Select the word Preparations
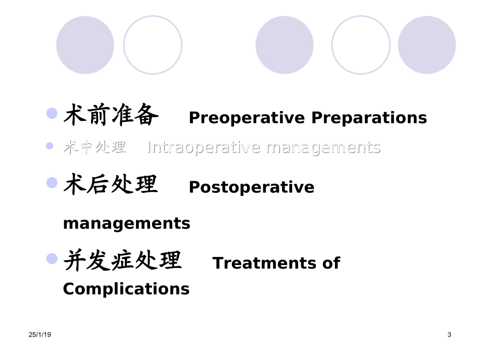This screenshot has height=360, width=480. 369,118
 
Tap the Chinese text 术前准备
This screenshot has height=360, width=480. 111,116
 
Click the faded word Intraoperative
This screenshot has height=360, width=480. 204,147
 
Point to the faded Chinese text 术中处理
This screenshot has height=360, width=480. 95,147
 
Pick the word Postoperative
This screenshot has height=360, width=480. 252,187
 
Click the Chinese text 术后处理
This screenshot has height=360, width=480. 111,185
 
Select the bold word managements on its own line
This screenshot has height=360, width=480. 126,223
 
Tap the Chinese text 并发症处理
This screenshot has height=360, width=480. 122,261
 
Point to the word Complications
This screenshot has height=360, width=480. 126,289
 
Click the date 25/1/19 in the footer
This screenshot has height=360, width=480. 40,335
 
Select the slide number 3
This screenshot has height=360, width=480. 449,335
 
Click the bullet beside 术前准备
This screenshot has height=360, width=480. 52,113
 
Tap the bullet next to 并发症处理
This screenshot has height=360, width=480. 52,259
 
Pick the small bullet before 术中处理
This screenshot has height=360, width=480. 50,146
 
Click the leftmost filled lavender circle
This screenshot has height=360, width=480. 85,45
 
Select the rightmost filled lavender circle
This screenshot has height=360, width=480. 427,45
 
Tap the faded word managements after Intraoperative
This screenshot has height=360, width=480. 323,147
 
